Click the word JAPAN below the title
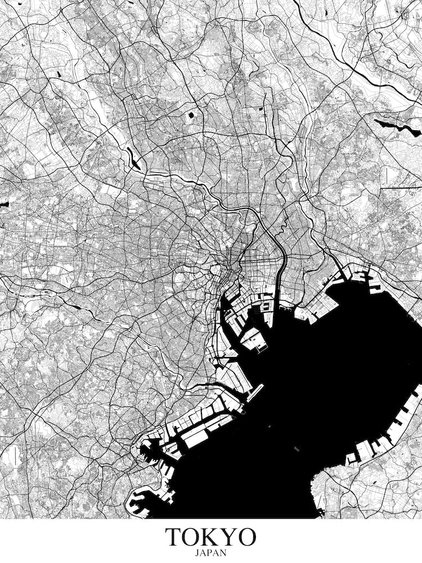210,553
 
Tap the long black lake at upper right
397,127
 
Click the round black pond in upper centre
191,115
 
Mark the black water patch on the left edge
3,204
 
